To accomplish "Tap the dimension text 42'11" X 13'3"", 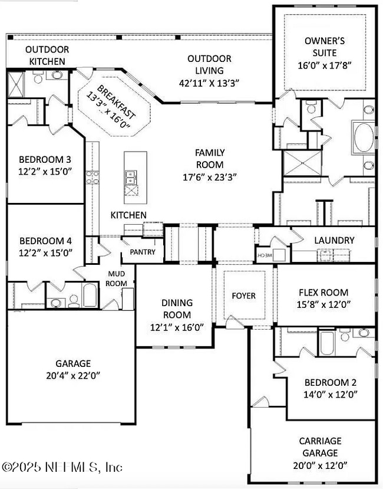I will [209, 83].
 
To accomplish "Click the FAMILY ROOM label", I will [210, 159].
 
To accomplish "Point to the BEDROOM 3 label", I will [45, 159].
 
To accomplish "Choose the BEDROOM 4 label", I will [45, 241].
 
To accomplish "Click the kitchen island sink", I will [131, 175].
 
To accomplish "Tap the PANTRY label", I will [143, 252].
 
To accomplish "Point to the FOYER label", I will [243, 295].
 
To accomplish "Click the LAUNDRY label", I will [334, 240].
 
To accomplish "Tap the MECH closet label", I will [263, 255].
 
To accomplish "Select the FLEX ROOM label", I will [323, 292].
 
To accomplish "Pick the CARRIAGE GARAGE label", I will [320, 447].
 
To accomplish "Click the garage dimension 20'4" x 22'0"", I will [74, 375].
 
